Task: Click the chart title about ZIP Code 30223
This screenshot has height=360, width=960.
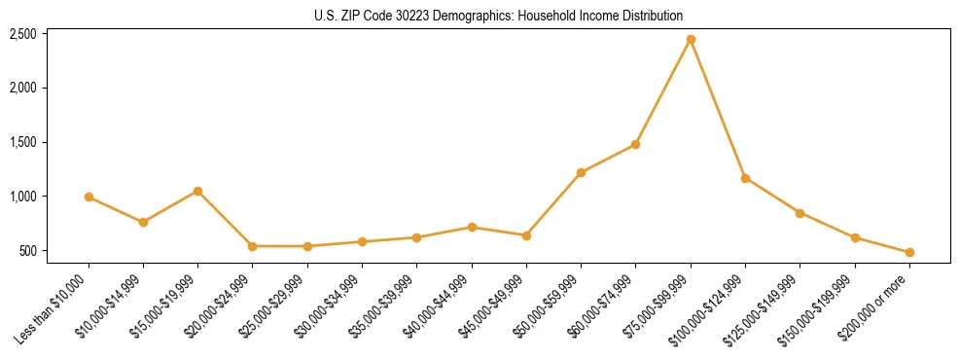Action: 499,16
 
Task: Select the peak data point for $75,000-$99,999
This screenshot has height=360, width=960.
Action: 691,40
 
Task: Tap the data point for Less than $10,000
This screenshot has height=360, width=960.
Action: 89,197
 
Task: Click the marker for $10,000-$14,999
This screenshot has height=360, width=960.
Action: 143,222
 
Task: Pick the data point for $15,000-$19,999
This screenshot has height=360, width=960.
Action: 198,191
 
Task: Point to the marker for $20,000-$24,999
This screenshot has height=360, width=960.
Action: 253,246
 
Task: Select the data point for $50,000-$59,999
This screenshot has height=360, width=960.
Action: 581,173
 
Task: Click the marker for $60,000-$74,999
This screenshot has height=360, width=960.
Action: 635,144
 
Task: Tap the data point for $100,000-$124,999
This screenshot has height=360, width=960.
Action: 745,178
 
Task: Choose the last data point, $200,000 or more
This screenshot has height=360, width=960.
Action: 909,252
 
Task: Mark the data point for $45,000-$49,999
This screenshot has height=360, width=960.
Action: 526,235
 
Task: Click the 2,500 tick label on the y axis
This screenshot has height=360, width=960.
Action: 22,34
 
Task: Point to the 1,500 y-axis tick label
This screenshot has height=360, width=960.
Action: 22,142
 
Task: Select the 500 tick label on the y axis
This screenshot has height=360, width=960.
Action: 27,251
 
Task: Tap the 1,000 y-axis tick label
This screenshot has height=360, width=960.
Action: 22,197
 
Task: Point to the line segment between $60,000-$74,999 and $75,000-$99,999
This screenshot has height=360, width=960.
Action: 663,91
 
